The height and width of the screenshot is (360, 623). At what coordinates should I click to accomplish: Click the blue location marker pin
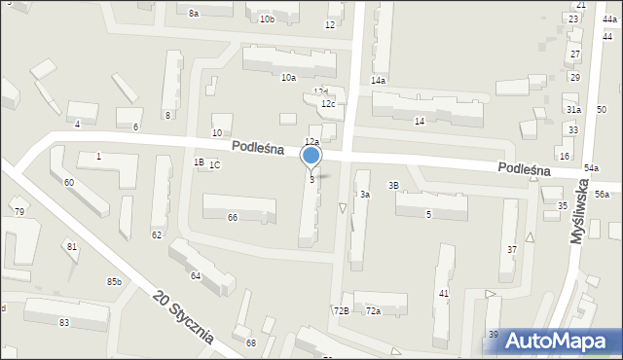311,157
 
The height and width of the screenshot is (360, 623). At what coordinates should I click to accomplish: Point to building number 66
233,218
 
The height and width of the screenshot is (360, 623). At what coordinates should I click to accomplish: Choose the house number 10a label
288,78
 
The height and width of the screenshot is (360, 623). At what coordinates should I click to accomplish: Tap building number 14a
378,81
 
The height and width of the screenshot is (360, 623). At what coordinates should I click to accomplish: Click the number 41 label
443,293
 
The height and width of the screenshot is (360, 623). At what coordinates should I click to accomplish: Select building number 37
512,250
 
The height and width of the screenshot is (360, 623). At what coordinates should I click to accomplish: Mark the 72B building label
341,311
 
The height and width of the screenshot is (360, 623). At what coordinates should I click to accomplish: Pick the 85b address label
115,282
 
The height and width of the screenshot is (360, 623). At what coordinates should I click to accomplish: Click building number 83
64,322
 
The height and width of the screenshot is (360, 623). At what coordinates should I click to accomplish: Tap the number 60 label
68,183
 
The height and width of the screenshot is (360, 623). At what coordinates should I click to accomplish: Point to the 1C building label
214,165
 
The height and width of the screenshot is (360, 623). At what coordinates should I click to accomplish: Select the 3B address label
393,185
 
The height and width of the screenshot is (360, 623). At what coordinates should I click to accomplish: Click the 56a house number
602,195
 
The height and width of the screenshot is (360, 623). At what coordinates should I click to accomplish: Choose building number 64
195,276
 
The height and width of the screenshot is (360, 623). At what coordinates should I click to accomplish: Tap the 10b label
267,19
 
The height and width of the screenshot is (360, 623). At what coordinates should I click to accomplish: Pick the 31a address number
573,110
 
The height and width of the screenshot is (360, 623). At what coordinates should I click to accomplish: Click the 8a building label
194,14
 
